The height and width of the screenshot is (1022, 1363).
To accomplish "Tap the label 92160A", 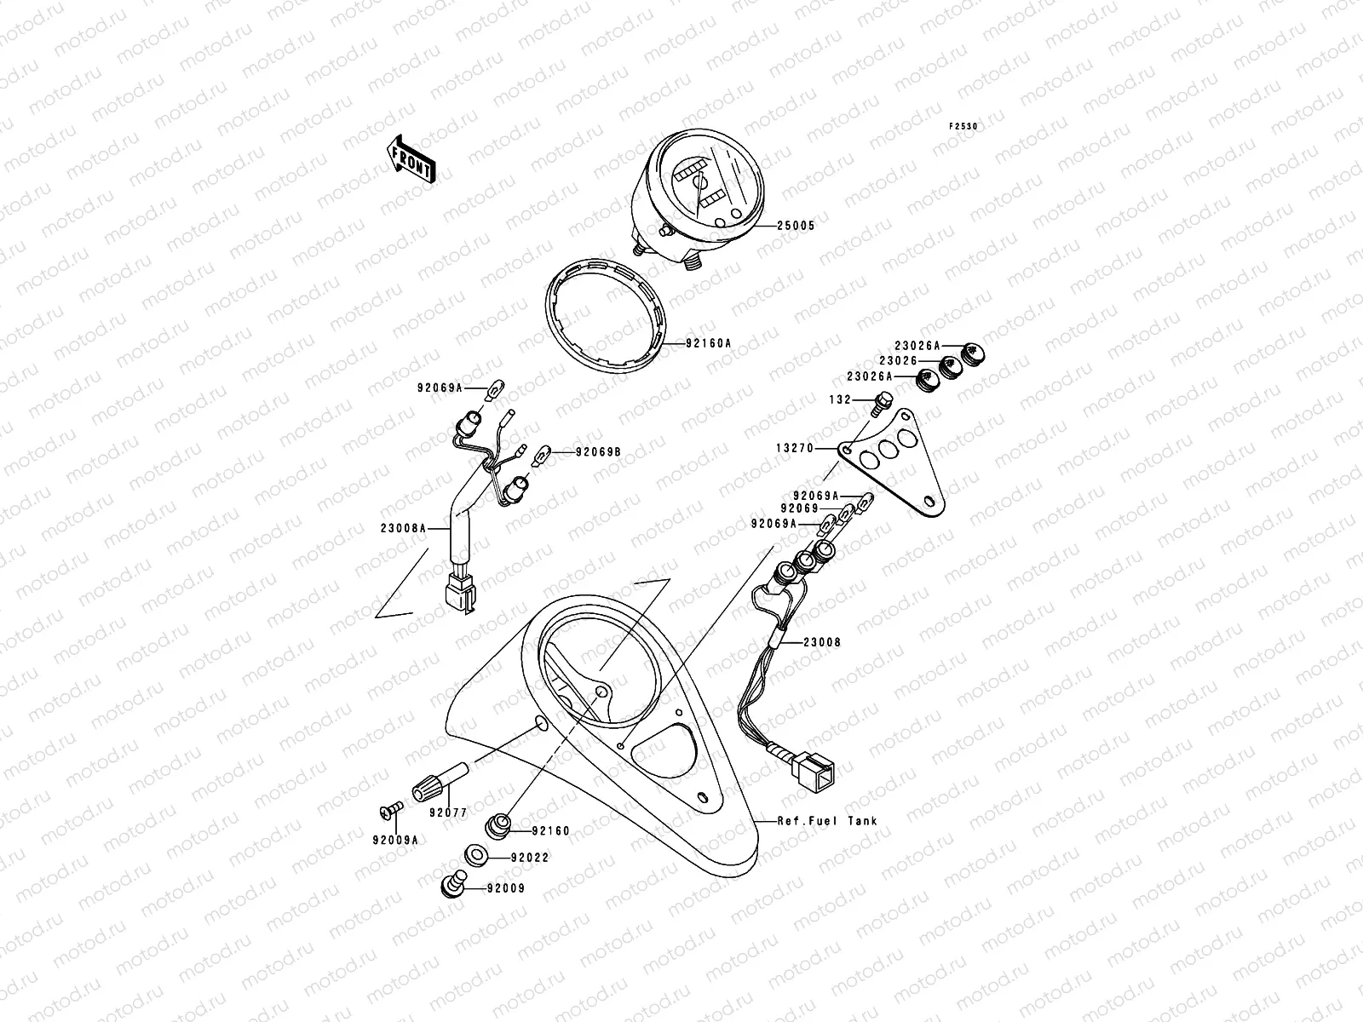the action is [708, 344].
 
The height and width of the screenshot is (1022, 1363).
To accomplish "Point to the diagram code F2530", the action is [964, 126].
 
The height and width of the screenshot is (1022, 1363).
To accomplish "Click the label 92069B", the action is [598, 451].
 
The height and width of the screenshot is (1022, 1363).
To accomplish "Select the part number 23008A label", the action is [404, 528].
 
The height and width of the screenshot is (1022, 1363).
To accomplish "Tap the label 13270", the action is [795, 448].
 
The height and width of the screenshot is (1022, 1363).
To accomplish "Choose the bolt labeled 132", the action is [884, 400].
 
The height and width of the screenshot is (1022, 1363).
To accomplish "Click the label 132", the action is [841, 399].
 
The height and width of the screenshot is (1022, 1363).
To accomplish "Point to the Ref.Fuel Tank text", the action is [826, 821].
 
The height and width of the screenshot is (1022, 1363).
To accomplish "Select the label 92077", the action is [448, 812].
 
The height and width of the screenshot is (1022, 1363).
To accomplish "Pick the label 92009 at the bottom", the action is [506, 888].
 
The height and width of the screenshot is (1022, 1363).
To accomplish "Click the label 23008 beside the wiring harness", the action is [821, 642].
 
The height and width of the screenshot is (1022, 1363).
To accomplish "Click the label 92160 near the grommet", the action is [551, 830].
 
